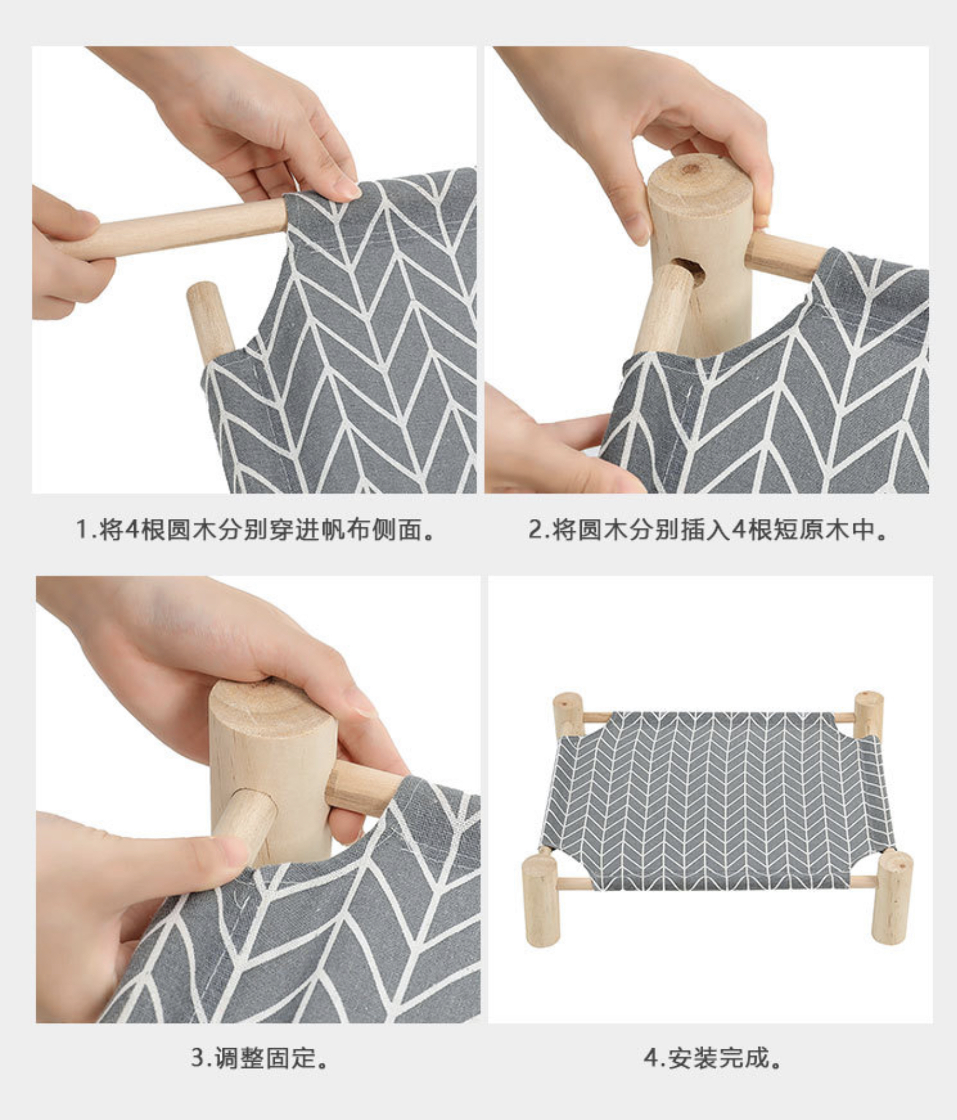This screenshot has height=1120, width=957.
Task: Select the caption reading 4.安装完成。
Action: point(713,1058)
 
